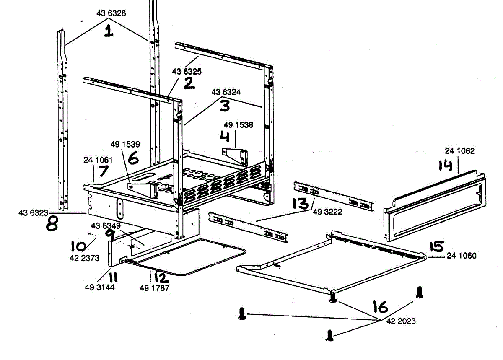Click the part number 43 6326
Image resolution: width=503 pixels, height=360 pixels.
(111, 13)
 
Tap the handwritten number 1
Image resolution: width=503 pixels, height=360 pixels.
(109, 31)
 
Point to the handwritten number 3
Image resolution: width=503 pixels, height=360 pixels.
(225, 106)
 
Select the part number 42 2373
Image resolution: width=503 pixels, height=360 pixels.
(85, 258)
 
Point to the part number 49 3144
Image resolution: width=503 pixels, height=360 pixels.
(99, 287)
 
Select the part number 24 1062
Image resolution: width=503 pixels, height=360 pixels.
(460, 151)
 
